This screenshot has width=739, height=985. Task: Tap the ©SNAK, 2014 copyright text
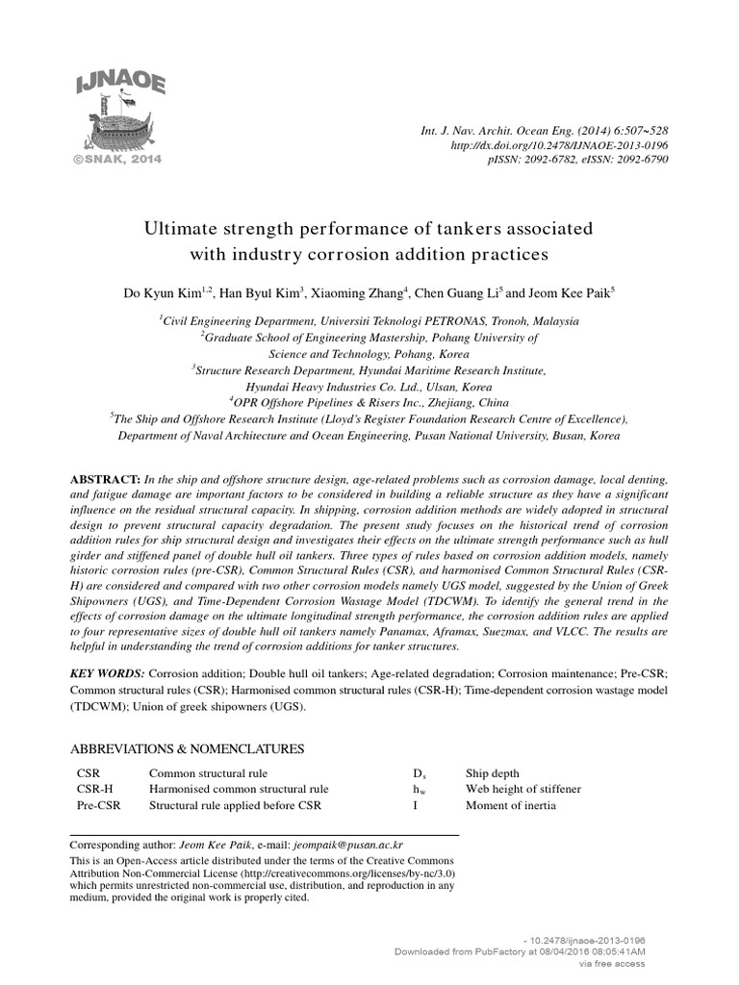(x=113, y=158)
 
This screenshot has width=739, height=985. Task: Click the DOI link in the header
(x=560, y=144)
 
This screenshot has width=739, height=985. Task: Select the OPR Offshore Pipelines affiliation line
(x=369, y=402)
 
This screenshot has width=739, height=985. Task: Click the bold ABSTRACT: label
(x=106, y=479)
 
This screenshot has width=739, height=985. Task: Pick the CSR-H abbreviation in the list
(x=95, y=790)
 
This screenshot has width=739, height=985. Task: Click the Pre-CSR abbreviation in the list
(x=99, y=805)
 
